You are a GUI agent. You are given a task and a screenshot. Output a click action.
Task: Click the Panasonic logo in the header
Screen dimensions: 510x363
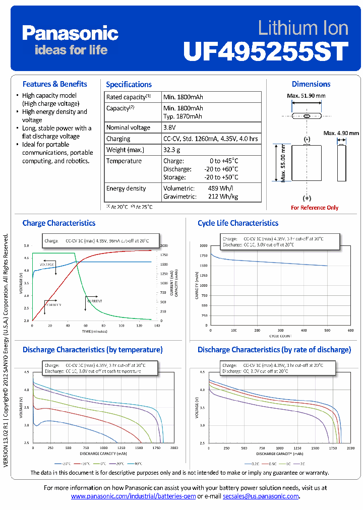(x=70, y=34)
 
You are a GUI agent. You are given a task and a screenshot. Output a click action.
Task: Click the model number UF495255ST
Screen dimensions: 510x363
(x=266, y=51)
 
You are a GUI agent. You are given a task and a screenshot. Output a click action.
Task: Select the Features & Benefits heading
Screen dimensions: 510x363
(x=54, y=84)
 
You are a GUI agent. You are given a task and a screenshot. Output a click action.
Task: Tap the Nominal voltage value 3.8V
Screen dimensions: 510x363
(x=170, y=127)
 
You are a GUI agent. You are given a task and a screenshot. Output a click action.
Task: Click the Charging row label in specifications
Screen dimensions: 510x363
(x=118, y=139)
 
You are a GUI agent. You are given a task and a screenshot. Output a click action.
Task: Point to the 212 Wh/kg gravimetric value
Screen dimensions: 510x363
(x=222, y=197)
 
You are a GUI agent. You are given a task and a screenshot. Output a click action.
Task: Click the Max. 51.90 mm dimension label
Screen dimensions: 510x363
(x=306, y=96)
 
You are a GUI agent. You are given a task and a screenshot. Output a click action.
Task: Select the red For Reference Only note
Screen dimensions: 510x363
(x=315, y=208)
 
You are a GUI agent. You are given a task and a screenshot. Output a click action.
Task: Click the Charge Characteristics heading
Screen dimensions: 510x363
(x=58, y=223)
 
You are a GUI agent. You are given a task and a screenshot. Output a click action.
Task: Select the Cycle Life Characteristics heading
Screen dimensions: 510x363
(x=237, y=223)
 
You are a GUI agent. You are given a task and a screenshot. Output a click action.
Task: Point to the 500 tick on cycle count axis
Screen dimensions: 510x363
(x=327, y=331)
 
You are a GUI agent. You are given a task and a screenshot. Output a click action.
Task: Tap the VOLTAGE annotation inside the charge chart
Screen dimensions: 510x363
(x=47, y=265)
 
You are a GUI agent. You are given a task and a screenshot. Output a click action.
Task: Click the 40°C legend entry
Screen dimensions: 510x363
(x=136, y=463)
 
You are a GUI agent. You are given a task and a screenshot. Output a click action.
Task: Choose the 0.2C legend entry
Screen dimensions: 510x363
(x=253, y=463)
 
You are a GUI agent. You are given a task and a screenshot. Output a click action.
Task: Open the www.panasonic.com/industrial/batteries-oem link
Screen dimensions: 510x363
(x=133, y=496)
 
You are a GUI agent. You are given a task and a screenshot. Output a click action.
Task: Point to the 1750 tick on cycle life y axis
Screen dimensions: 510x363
(x=203, y=256)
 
